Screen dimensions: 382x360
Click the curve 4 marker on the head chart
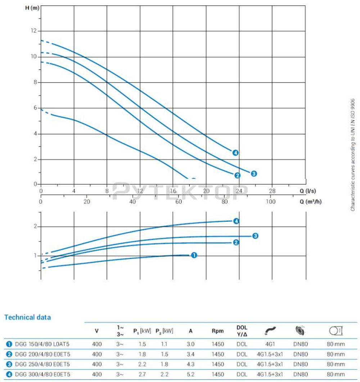[x=235, y=153]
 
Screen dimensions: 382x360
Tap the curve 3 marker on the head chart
[x=254, y=174]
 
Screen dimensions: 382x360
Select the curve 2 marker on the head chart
[x=237, y=175]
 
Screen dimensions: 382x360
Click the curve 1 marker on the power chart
[x=194, y=255]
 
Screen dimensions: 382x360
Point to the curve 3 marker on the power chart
[x=255, y=236]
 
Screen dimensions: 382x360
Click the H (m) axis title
[x=32, y=8]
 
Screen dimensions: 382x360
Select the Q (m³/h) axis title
[x=311, y=202]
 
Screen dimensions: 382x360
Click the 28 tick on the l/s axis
[x=272, y=191]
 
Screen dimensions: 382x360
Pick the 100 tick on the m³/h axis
[x=270, y=202]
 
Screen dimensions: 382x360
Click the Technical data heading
[x=28, y=317]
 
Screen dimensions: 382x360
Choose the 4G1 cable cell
[x=270, y=344]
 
